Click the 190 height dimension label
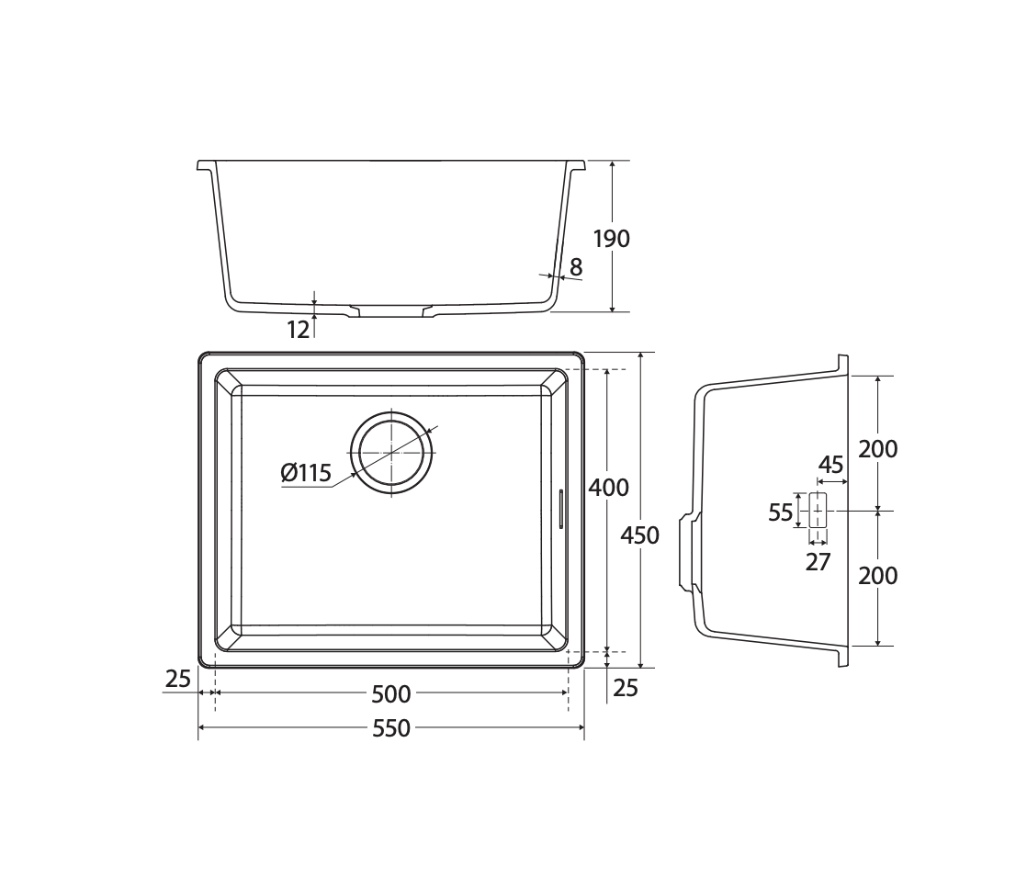click(x=611, y=239)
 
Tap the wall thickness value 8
click(x=576, y=267)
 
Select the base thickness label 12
click(x=298, y=330)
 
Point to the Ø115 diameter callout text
click(x=306, y=472)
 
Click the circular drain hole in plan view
click(x=391, y=453)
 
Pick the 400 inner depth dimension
click(x=608, y=488)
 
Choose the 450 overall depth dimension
click(x=639, y=535)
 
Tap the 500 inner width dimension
click(x=391, y=694)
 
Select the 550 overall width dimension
click(x=391, y=728)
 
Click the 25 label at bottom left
click(x=177, y=679)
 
